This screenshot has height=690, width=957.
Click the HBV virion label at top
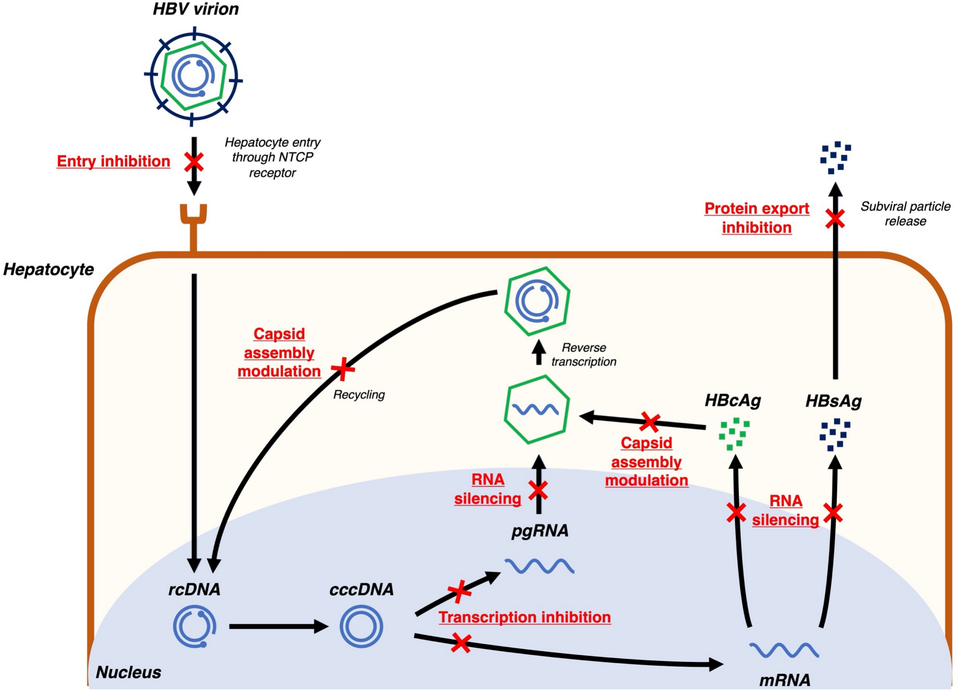pyautogui.click(x=196, y=10)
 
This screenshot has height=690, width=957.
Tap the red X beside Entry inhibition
pyautogui.click(x=194, y=162)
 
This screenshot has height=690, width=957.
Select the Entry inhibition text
pyautogui.click(x=113, y=162)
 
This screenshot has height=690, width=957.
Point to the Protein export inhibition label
pyautogui.click(x=757, y=218)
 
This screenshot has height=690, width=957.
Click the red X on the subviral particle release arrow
pyautogui.click(x=835, y=219)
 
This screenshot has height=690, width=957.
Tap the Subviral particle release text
pyautogui.click(x=905, y=214)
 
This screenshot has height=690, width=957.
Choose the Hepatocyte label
pyautogui.click(x=48, y=270)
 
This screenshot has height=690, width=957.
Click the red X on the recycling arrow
pyautogui.click(x=343, y=369)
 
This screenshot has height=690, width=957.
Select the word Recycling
pyautogui.click(x=359, y=395)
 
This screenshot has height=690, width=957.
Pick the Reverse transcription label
pyautogui.click(x=584, y=355)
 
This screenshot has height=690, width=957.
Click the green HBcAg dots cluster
pyautogui.click(x=734, y=434)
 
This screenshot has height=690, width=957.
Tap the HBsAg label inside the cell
pyautogui.click(x=833, y=401)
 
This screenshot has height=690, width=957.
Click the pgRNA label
pyautogui.click(x=540, y=531)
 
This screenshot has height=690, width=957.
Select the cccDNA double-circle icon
pyautogui.click(x=361, y=626)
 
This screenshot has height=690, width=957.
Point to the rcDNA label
pyautogui.click(x=194, y=590)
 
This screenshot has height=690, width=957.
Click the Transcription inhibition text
pyautogui.click(x=524, y=617)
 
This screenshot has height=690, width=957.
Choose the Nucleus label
pyautogui.click(x=128, y=672)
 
